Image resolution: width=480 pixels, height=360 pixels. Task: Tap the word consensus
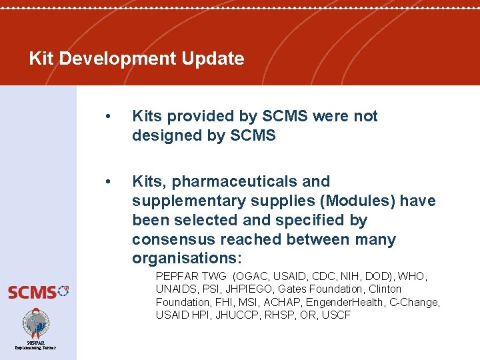click(172, 239)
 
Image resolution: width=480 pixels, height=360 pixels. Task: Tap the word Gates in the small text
click(292, 289)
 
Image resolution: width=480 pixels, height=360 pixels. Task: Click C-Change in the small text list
click(415, 302)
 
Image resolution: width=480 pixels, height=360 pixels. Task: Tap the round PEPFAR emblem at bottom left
click(36, 323)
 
